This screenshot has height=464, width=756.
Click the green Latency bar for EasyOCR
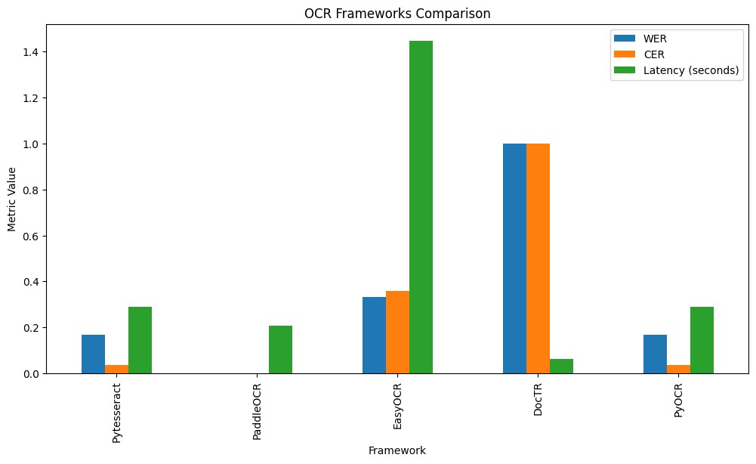click(421, 207)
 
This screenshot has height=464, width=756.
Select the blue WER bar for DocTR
click(514, 258)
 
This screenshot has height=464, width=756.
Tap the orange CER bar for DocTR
click(538, 258)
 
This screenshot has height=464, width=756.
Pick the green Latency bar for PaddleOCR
click(280, 350)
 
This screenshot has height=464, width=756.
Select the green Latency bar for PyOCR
click(702, 340)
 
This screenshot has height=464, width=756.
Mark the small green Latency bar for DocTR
click(561, 367)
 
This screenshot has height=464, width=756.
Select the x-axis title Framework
click(397, 451)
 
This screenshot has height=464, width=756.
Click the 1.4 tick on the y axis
click(32, 51)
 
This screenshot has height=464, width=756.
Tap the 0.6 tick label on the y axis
click(32, 236)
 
